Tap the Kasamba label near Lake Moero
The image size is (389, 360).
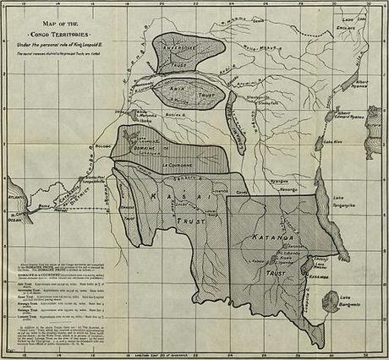pos(316,274)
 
